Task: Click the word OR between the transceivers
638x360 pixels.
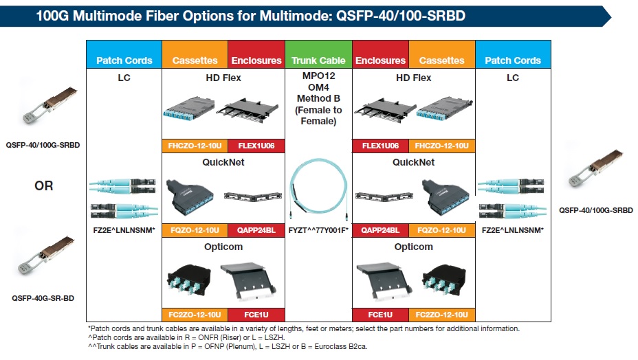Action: click(43, 185)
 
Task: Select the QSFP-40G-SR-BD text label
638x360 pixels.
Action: click(43, 298)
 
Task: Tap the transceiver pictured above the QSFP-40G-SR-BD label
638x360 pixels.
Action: click(45, 254)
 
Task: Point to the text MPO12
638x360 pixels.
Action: click(318, 76)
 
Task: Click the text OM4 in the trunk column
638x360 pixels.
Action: click(318, 87)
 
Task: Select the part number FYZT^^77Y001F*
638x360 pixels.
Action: click(318, 230)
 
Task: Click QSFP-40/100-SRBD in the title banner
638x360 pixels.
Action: click(400, 16)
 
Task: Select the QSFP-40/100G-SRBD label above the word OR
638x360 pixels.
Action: click(43, 145)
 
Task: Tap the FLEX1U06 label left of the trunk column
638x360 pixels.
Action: click(256, 146)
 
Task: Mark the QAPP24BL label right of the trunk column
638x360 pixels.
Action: click(380, 230)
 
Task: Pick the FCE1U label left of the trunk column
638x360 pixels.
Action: click(256, 315)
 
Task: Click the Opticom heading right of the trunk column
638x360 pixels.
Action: click(413, 247)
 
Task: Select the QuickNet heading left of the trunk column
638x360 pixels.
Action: click(223, 162)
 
